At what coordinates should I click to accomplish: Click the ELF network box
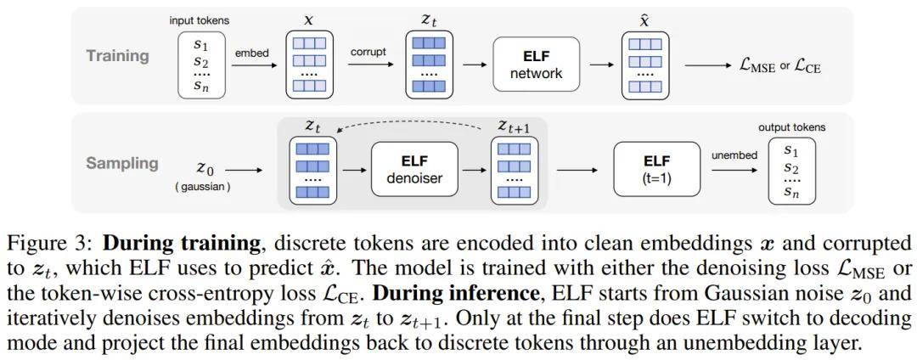click(x=536, y=65)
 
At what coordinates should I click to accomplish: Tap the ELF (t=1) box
click(x=656, y=168)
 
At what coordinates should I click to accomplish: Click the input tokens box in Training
click(x=202, y=65)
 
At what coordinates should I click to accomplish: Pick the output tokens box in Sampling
click(x=791, y=172)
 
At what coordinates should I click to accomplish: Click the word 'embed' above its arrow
click(x=251, y=53)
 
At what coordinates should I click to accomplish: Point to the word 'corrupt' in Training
click(x=368, y=52)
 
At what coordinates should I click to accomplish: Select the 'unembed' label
click(x=734, y=155)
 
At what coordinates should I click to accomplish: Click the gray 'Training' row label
click(x=117, y=56)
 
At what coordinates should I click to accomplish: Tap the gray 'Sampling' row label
click(x=122, y=163)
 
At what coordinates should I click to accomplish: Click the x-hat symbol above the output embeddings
click(x=645, y=20)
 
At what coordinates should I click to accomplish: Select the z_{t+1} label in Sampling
click(x=514, y=127)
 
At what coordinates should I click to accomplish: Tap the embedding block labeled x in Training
click(x=309, y=65)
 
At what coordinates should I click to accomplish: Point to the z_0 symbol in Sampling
click(x=204, y=168)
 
